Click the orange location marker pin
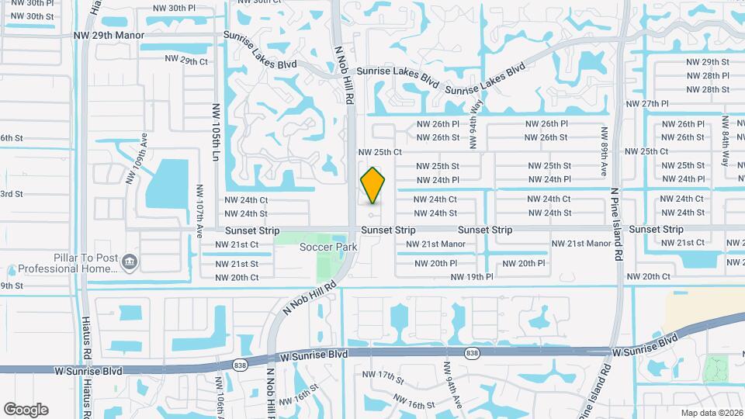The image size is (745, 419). point(373,185)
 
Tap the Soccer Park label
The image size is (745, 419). point(328,247)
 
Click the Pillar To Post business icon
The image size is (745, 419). point(130,261)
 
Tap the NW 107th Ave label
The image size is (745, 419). point(199,210)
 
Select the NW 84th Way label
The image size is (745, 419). point(725,140)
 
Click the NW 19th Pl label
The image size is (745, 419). point(472,276)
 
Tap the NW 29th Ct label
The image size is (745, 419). point(186,60)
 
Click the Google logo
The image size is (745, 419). point(26,409)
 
